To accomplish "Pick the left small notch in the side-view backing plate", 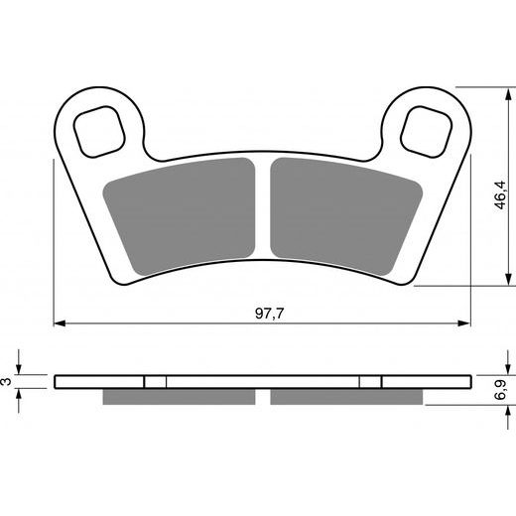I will (155, 381).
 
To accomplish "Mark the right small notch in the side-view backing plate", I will (369, 381).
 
